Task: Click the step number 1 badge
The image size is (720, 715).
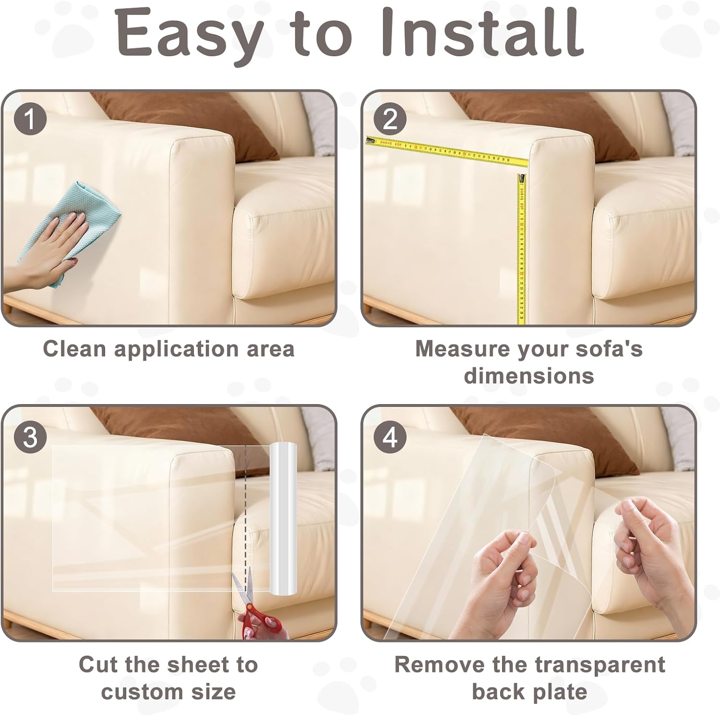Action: click(x=30, y=120)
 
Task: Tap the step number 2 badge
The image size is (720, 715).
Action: click(x=390, y=120)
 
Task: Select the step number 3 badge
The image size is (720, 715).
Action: click(x=30, y=437)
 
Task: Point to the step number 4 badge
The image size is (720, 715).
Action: click(x=390, y=437)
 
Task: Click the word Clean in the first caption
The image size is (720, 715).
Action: click(x=74, y=349)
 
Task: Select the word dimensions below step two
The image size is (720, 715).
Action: click(x=529, y=376)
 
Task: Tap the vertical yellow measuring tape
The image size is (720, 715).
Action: click(x=522, y=249)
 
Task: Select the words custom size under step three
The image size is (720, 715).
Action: click(x=168, y=692)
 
